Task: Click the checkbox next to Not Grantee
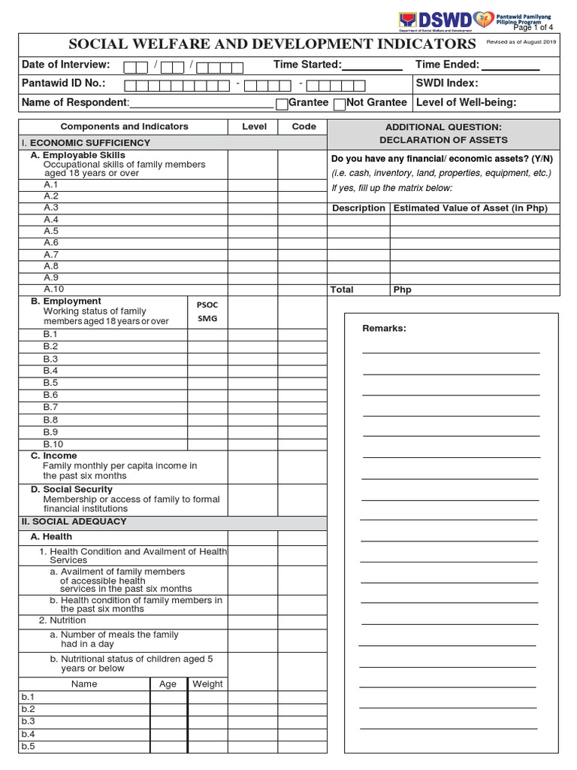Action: (339, 104)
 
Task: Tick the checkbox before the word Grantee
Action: (282, 104)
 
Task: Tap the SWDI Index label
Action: (447, 83)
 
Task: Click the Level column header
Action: (254, 127)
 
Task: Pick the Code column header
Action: (304, 127)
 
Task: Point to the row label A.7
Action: (51, 254)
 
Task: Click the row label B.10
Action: (53, 444)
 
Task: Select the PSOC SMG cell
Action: (207, 312)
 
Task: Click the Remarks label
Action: (384, 329)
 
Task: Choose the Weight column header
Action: (207, 684)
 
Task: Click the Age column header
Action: (168, 684)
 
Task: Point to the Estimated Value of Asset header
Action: (470, 208)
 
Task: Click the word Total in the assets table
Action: (342, 290)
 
